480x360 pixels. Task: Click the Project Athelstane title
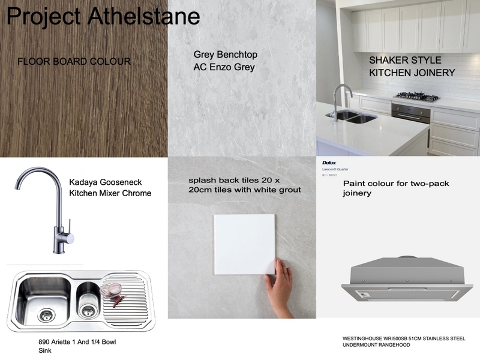[x=103, y=16]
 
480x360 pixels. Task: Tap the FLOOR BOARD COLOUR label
[x=74, y=61]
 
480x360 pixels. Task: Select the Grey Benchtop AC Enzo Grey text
[x=225, y=61]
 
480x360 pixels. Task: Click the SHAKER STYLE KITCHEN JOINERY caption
[x=412, y=67]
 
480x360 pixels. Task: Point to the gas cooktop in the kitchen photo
[x=416, y=96]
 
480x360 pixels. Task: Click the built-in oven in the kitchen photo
[x=410, y=113]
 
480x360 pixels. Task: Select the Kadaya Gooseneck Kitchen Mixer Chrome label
[x=110, y=187]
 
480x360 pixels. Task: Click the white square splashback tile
[x=244, y=243]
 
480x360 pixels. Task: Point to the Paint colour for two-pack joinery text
[x=396, y=188]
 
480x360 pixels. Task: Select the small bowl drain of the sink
[x=88, y=308]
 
